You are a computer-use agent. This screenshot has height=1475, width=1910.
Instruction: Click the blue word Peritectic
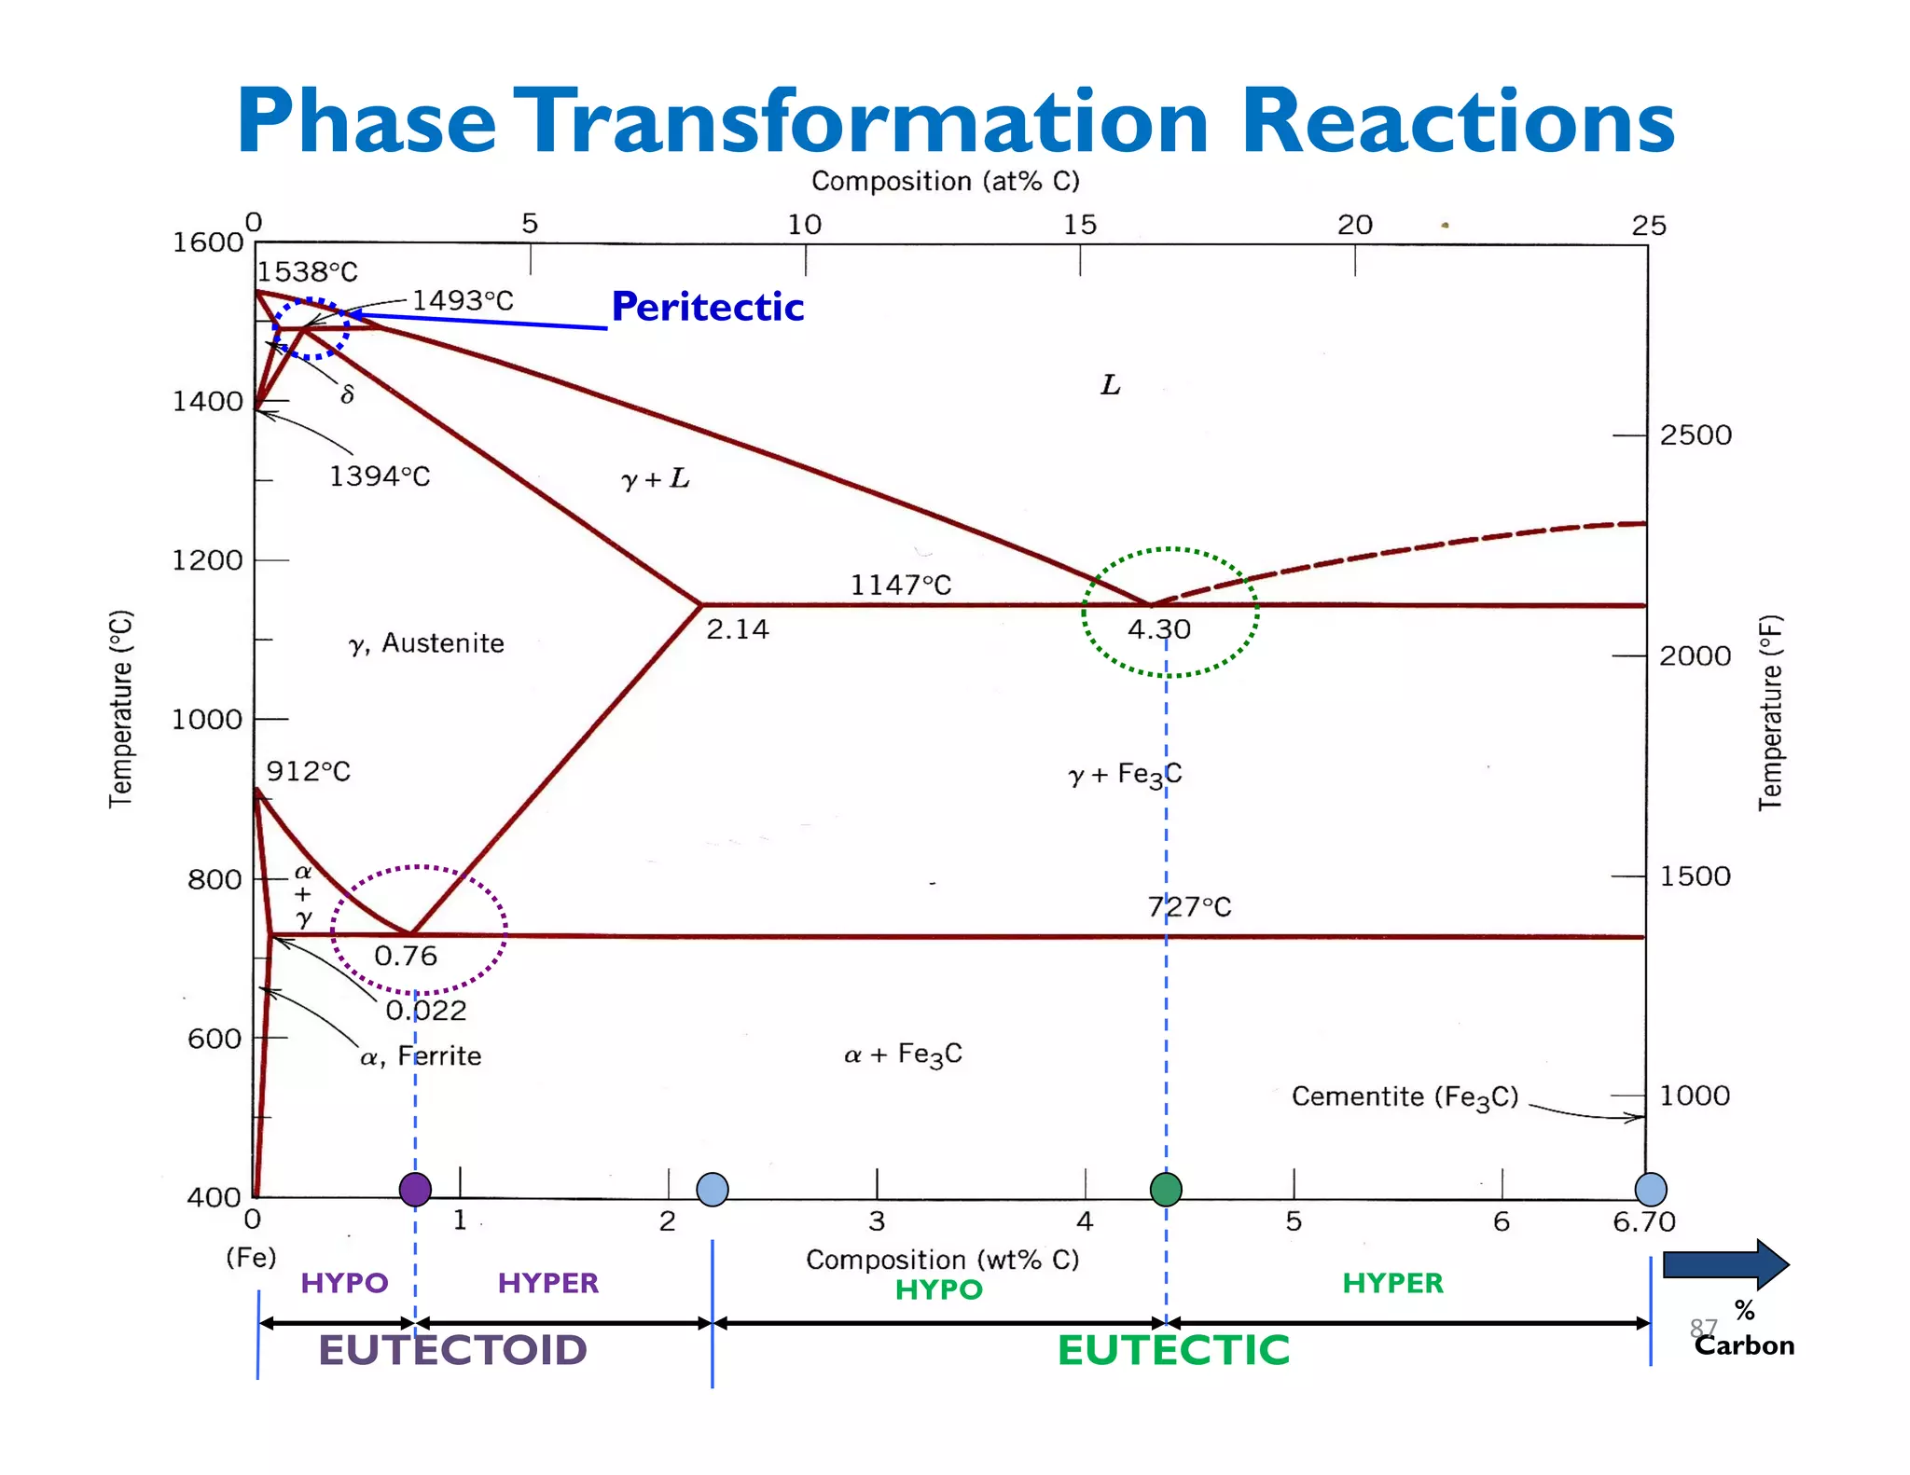[x=707, y=307]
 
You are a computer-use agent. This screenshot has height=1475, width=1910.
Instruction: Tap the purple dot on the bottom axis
[x=415, y=1189]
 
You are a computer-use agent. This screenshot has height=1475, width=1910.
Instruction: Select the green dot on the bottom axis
[x=1166, y=1189]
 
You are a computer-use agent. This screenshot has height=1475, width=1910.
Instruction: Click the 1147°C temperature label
[x=900, y=585]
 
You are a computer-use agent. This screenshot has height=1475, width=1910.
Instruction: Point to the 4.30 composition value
[x=1158, y=629]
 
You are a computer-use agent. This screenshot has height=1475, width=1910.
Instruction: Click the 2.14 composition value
[x=737, y=629]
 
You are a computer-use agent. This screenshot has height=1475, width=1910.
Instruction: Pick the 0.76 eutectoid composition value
[x=406, y=956]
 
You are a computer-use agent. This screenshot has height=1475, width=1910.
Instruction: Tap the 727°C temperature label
[x=1189, y=906]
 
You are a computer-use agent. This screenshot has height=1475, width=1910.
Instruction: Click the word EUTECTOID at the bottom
[x=452, y=1349]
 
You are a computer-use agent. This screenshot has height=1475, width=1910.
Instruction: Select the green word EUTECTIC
[x=1173, y=1349]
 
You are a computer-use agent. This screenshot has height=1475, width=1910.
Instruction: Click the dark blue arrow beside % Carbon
[x=1725, y=1265]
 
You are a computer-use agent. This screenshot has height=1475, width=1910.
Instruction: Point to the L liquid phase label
[x=1110, y=385]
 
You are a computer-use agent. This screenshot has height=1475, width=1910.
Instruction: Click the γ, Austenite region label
[x=426, y=643]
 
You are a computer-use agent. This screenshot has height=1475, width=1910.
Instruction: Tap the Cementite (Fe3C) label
[x=1405, y=1097]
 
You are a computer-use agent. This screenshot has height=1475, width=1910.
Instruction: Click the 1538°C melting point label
[x=307, y=272]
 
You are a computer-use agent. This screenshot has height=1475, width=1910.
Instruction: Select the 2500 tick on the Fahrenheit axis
[x=1695, y=435]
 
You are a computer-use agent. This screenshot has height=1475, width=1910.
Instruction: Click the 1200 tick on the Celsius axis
[x=207, y=560]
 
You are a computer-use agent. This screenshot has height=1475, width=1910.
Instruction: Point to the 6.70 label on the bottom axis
[x=1643, y=1221]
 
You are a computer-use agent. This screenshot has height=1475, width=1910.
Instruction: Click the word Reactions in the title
[x=1458, y=121]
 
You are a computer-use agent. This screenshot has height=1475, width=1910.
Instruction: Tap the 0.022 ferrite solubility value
[x=426, y=1010]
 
